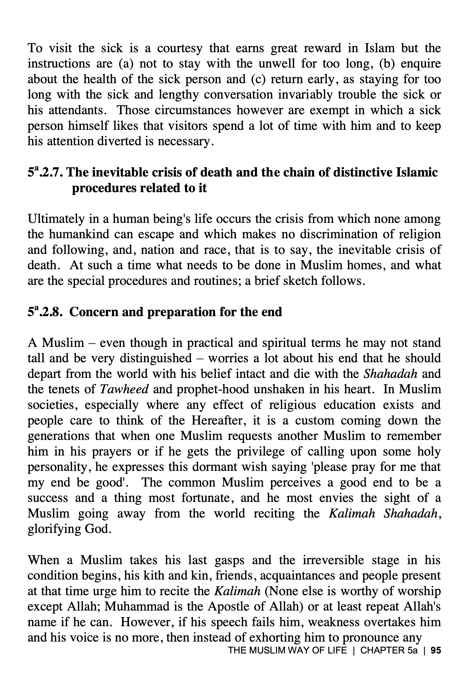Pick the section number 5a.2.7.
pyautogui.click(x=45, y=172)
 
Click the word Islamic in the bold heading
pyautogui.click(x=417, y=172)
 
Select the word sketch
pyautogui.click(x=300, y=280)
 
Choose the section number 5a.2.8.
pyautogui.click(x=45, y=312)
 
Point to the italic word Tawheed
pyautogui.click(x=124, y=389)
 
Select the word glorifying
pyautogui.click(x=54, y=529)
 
